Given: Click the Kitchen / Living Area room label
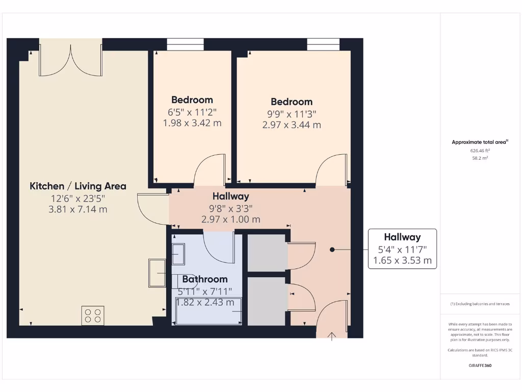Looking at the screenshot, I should point(78,186).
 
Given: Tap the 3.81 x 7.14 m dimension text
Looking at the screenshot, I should point(78,209).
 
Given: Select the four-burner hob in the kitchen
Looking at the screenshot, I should point(93,315).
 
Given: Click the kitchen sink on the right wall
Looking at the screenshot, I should point(157,273).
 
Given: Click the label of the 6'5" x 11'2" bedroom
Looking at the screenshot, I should point(192,100).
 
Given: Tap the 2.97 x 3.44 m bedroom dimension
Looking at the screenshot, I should point(292,125).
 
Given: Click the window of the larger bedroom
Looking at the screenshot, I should point(323,45).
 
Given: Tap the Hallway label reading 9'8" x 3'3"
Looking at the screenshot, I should point(231,197).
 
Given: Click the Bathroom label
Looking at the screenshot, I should point(205,279).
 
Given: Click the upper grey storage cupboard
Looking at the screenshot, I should point(267,253).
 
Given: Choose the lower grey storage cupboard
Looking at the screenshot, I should point(267,301).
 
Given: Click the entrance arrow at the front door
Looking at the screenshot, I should point(332,336).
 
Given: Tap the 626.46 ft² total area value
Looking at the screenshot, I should point(480,151).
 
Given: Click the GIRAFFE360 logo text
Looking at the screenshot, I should point(480,365).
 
